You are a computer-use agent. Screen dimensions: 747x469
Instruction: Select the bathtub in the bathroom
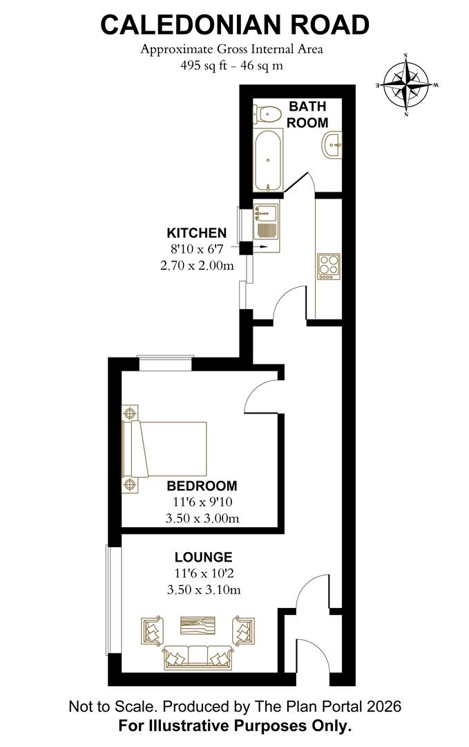(x=267, y=160)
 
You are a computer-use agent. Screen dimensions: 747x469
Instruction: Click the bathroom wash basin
(x=332, y=146)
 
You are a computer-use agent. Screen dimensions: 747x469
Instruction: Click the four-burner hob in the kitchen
(x=328, y=265)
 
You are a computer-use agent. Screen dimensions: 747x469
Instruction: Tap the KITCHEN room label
(x=197, y=232)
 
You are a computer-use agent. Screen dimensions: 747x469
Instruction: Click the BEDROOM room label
(x=202, y=486)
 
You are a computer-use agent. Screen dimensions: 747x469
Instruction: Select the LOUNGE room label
(x=203, y=557)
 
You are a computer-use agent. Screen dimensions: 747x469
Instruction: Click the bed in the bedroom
(x=166, y=449)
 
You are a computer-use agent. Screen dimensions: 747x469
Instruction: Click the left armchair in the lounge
(x=154, y=630)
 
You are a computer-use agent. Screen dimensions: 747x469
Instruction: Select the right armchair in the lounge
(x=242, y=630)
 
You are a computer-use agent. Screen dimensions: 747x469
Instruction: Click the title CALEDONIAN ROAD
(x=234, y=25)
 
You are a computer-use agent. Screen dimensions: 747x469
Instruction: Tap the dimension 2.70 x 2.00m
(x=197, y=266)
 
